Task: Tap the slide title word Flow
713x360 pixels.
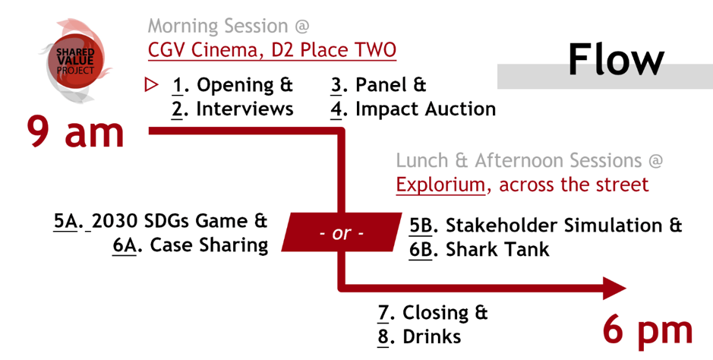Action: [616, 59]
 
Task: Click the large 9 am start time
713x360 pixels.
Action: [75, 132]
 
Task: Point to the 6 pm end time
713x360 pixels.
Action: [648, 331]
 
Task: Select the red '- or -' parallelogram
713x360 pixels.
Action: [342, 232]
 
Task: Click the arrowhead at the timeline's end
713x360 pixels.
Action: [614, 288]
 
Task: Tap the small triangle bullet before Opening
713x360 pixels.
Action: [151, 85]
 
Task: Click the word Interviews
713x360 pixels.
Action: [245, 109]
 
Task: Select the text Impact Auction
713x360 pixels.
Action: [425, 109]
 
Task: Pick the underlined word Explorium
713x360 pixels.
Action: [440, 185]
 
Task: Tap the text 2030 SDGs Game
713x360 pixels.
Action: [171, 221]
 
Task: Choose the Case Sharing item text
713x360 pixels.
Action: [209, 246]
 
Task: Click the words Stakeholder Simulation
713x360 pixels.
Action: [554, 226]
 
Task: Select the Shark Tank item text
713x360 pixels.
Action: [497, 250]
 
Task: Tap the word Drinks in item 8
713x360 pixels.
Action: [431, 337]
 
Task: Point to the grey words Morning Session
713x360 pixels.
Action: [218, 27]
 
